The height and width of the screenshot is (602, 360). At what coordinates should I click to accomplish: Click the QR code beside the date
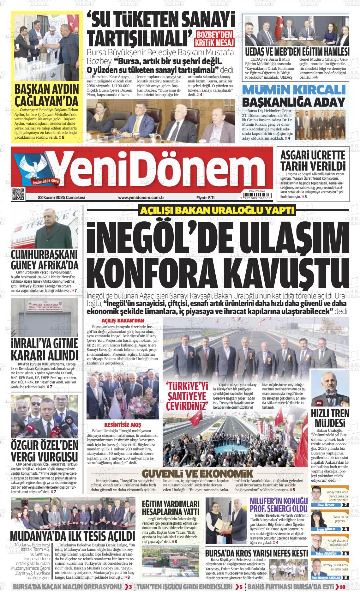click(x=18, y=194)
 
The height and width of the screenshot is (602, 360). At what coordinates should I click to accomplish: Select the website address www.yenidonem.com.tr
click(x=141, y=198)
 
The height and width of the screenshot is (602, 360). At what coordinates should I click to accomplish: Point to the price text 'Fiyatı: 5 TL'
click(x=206, y=198)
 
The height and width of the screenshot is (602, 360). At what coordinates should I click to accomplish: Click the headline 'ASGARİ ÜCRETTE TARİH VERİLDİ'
click(x=313, y=161)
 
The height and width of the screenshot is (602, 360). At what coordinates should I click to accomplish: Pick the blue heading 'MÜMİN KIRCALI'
click(x=293, y=90)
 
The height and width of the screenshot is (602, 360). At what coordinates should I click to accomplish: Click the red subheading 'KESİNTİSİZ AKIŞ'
click(x=123, y=424)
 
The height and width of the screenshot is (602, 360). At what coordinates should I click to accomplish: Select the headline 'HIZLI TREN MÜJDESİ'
click(x=330, y=418)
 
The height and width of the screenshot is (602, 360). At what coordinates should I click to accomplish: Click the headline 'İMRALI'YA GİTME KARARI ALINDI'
click(x=44, y=349)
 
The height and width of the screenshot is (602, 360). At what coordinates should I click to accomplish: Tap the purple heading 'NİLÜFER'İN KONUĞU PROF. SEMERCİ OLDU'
click(x=279, y=504)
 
